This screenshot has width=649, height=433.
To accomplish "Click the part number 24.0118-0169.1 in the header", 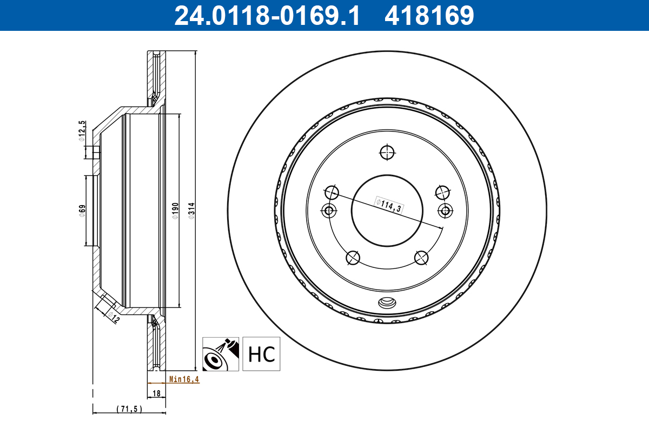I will click(x=266, y=15).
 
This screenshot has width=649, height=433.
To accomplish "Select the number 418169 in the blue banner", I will click(x=429, y=15).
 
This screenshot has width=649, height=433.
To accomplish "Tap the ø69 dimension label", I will click(x=82, y=211).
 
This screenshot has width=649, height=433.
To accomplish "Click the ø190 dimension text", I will click(x=175, y=211).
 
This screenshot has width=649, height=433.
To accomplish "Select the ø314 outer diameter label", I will click(x=190, y=211).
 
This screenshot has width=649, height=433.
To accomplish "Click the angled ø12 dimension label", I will click(x=112, y=317).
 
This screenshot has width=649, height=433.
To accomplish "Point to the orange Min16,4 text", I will click(x=184, y=379).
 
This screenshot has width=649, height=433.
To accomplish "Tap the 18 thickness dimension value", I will click(x=157, y=394).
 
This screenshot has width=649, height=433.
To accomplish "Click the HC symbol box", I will click(x=262, y=354).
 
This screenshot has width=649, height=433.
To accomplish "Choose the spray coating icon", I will click(x=221, y=354).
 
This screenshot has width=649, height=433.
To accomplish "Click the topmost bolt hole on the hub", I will click(x=387, y=153).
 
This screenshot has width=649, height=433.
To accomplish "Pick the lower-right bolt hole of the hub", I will click(x=422, y=258).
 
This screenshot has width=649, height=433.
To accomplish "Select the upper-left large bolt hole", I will click(x=332, y=192).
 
